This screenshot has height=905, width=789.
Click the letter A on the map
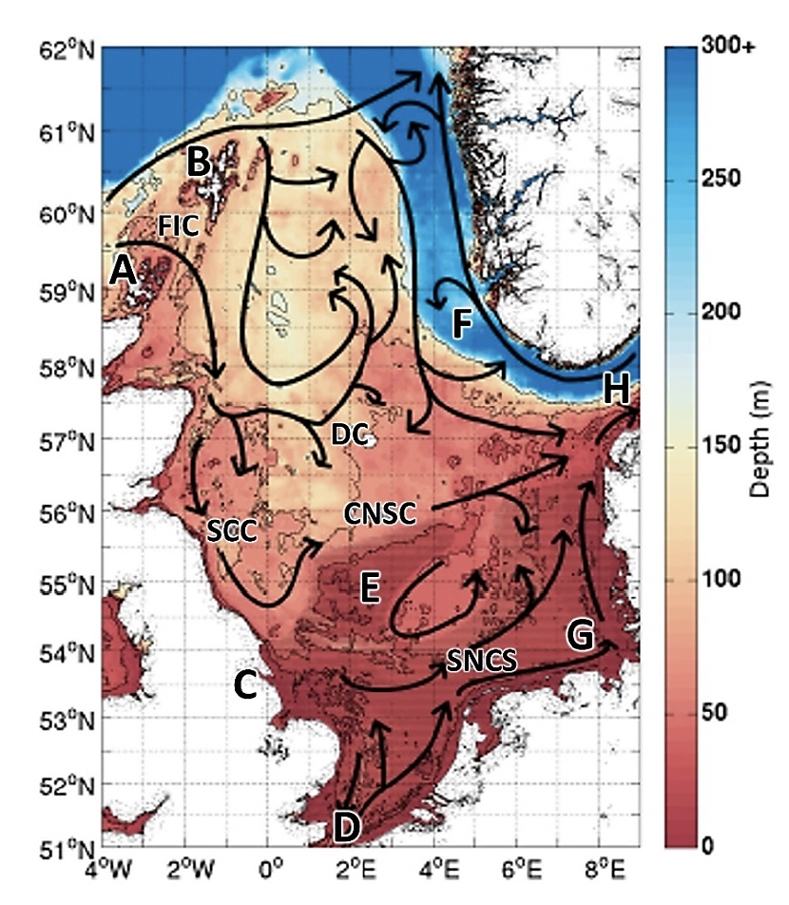122,272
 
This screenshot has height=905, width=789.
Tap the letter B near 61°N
198,163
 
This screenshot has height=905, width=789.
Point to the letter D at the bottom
346,827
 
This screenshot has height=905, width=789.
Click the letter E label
370,589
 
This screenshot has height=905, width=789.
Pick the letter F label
461,324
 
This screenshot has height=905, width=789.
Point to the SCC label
232,532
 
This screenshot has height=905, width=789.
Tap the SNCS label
481,663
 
